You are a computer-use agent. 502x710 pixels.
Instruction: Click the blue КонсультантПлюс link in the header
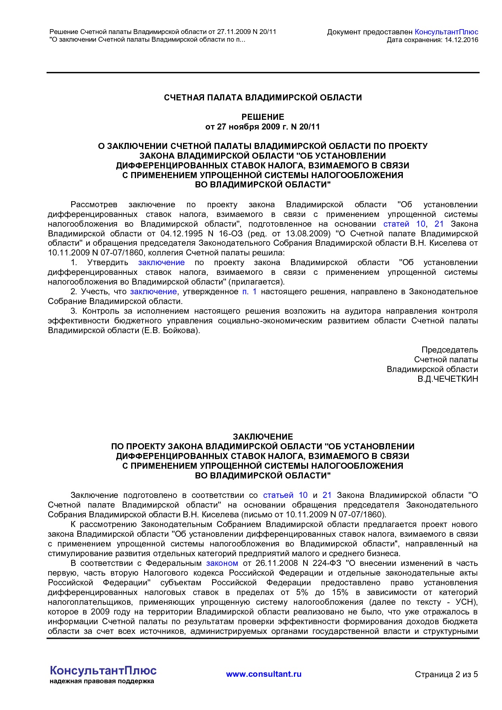pyautogui.click(x=447, y=32)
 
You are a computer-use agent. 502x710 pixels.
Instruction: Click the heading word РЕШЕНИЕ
pyautogui.click(x=263, y=117)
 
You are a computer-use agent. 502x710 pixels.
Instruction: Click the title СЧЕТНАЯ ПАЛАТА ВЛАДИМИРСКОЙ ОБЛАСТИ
pyautogui.click(x=263, y=98)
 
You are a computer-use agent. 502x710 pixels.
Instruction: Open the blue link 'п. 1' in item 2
pyautogui.click(x=249, y=292)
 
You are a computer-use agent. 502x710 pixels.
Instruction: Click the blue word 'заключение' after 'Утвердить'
pyautogui.click(x=161, y=263)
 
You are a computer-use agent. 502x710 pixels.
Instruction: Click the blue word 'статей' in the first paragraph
pyautogui.click(x=396, y=224)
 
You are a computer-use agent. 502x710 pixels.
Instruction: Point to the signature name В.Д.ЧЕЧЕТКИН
pyautogui.click(x=448, y=379)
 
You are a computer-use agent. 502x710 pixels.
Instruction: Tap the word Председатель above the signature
pyautogui.click(x=449, y=350)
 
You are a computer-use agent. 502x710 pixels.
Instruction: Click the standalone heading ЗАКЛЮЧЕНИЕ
pyautogui.click(x=263, y=437)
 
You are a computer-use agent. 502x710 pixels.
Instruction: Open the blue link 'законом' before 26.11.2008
pyautogui.click(x=222, y=563)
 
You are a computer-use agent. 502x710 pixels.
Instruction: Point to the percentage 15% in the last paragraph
pyautogui.click(x=340, y=593)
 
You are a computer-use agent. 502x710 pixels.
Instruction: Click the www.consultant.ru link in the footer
pyautogui.click(x=264, y=674)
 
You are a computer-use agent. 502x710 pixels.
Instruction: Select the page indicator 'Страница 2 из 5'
pyautogui.click(x=446, y=674)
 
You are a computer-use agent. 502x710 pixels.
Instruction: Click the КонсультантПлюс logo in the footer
pyautogui.click(x=103, y=671)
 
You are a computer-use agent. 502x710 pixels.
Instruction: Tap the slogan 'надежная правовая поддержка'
pyautogui.click(x=102, y=681)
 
